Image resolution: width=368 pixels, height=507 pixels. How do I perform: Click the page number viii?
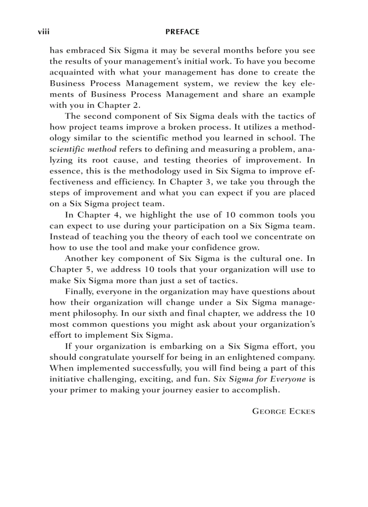pos(43,32)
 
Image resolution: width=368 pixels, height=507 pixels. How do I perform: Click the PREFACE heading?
pos(182,32)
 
